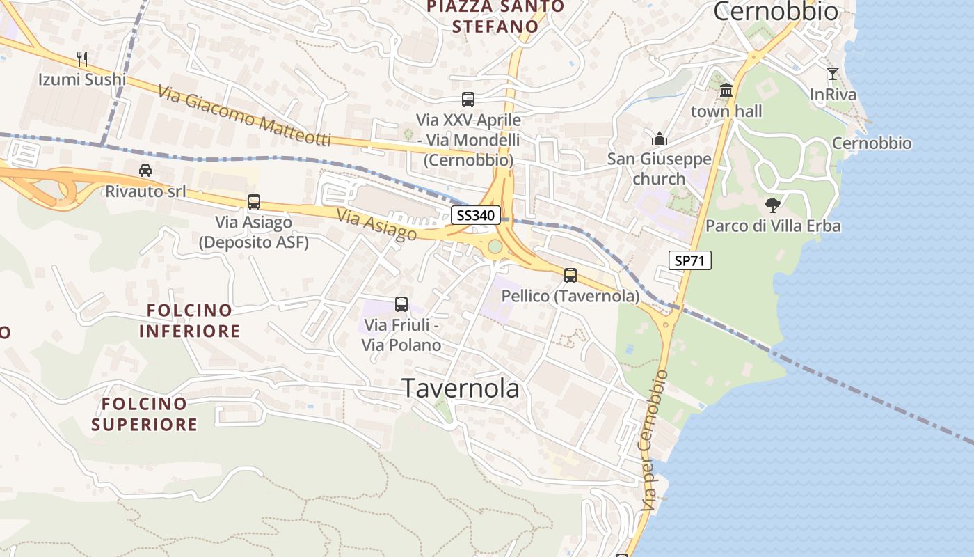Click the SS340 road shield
click(x=477, y=215)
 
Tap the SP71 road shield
click(x=689, y=260)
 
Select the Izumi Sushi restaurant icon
click(x=82, y=58)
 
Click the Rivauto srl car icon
click(x=145, y=170)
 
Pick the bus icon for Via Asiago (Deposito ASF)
click(x=254, y=202)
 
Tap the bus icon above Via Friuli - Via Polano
click(x=401, y=304)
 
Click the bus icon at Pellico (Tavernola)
click(x=570, y=276)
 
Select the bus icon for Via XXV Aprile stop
click(x=468, y=100)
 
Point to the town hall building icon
click(x=726, y=90)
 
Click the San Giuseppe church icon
click(x=660, y=139)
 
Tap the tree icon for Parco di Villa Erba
click(x=772, y=205)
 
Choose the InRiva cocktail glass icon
click(x=833, y=73)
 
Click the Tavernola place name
click(x=461, y=389)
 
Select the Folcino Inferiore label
click(x=189, y=320)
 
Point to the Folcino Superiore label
click(x=145, y=414)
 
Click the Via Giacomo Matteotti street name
click(x=243, y=116)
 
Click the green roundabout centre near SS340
click(x=495, y=246)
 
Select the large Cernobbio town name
click(x=776, y=11)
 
